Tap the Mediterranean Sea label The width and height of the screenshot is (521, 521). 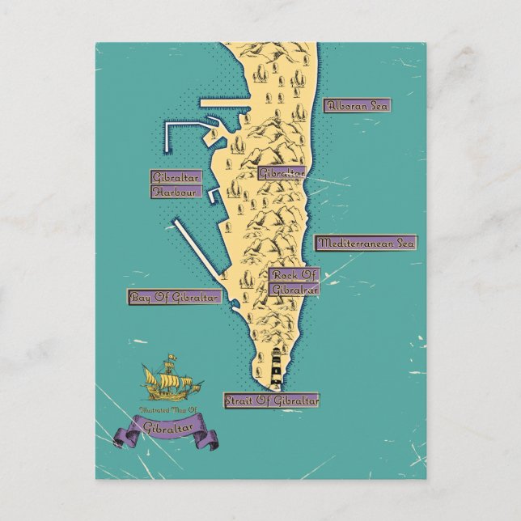(x=366, y=243)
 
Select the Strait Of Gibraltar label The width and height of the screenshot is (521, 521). (x=272, y=400)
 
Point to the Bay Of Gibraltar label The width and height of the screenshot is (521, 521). (x=175, y=297)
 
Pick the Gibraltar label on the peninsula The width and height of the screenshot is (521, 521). (x=282, y=173)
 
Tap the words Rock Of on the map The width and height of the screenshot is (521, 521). (x=295, y=275)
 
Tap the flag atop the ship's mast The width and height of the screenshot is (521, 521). (x=173, y=357)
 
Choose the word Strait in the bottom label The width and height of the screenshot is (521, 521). (x=239, y=400)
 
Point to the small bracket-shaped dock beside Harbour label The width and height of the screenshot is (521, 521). (x=214, y=195)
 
